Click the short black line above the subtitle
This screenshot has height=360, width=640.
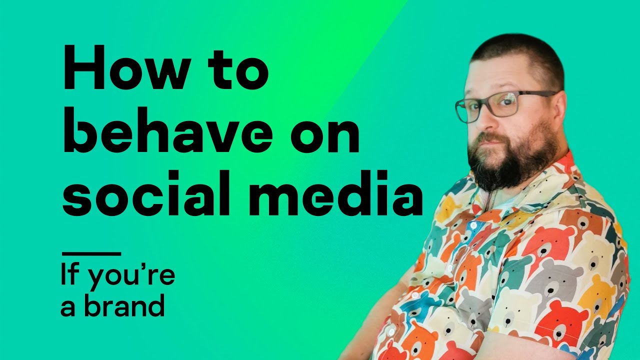[x=90, y=253]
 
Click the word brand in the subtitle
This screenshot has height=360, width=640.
[x=124, y=305]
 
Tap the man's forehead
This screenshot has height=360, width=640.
[x=500, y=75]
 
